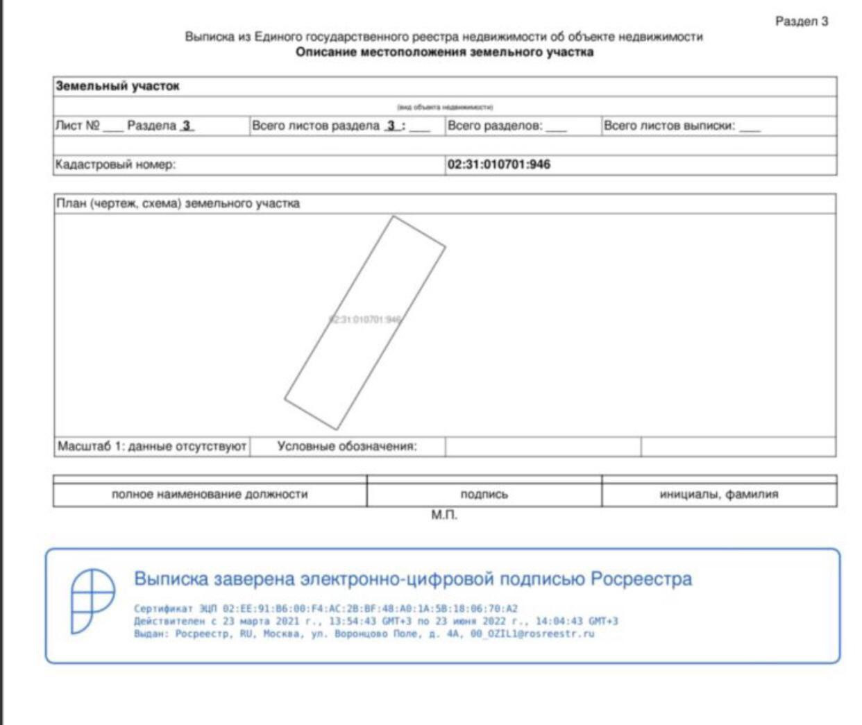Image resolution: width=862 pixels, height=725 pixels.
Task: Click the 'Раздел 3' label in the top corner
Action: click(x=802, y=22)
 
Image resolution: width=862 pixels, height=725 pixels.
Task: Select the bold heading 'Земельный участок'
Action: click(x=117, y=87)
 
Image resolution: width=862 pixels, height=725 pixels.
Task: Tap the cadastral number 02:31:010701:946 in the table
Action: click(x=498, y=165)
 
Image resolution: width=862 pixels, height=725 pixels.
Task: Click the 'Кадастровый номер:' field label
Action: click(x=115, y=165)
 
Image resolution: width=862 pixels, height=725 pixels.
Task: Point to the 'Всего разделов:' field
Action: click(x=495, y=126)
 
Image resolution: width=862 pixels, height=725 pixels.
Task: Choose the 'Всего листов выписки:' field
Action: click(x=669, y=126)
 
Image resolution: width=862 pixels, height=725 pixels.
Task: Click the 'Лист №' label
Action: click(x=78, y=126)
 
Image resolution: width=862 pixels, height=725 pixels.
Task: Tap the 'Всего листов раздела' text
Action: click(x=316, y=126)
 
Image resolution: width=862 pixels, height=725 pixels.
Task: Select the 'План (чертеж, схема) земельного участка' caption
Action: click(x=178, y=204)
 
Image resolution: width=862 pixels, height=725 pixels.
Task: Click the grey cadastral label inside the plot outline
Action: click(x=365, y=320)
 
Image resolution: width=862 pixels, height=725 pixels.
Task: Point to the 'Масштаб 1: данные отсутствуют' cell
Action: click(x=152, y=447)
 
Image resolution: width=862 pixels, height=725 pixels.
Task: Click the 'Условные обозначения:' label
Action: click(x=347, y=447)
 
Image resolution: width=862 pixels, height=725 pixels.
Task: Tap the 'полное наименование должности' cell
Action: click(x=210, y=495)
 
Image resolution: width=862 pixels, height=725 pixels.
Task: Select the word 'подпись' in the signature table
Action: click(x=484, y=495)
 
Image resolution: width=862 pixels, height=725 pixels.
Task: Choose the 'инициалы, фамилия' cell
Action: click(x=718, y=495)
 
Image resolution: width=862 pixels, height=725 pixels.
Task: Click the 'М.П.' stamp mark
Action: click(x=444, y=515)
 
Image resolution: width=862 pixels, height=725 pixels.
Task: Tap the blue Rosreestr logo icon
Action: click(x=92, y=601)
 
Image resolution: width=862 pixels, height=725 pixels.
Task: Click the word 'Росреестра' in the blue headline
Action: click(x=641, y=579)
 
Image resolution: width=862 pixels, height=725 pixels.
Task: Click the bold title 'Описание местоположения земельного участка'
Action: click(x=444, y=53)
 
